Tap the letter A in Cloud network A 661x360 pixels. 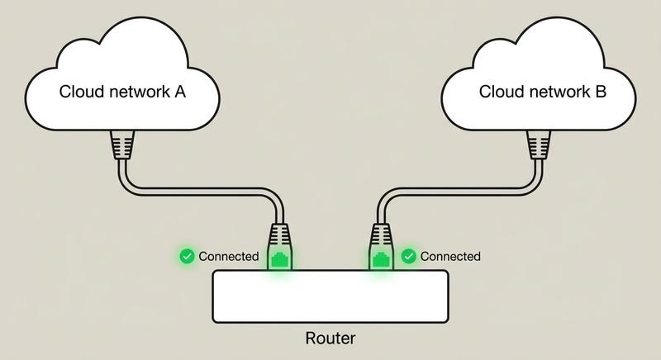(x=179, y=92)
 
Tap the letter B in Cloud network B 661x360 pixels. (x=601, y=92)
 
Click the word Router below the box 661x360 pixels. (x=330, y=339)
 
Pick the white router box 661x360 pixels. (x=330, y=296)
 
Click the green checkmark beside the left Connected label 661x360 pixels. (x=188, y=256)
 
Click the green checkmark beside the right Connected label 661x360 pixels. (x=408, y=256)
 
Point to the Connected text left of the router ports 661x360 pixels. (x=229, y=256)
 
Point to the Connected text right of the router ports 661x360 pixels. (x=450, y=256)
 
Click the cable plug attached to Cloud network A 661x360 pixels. (x=121, y=145)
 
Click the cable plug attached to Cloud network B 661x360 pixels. (x=538, y=145)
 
